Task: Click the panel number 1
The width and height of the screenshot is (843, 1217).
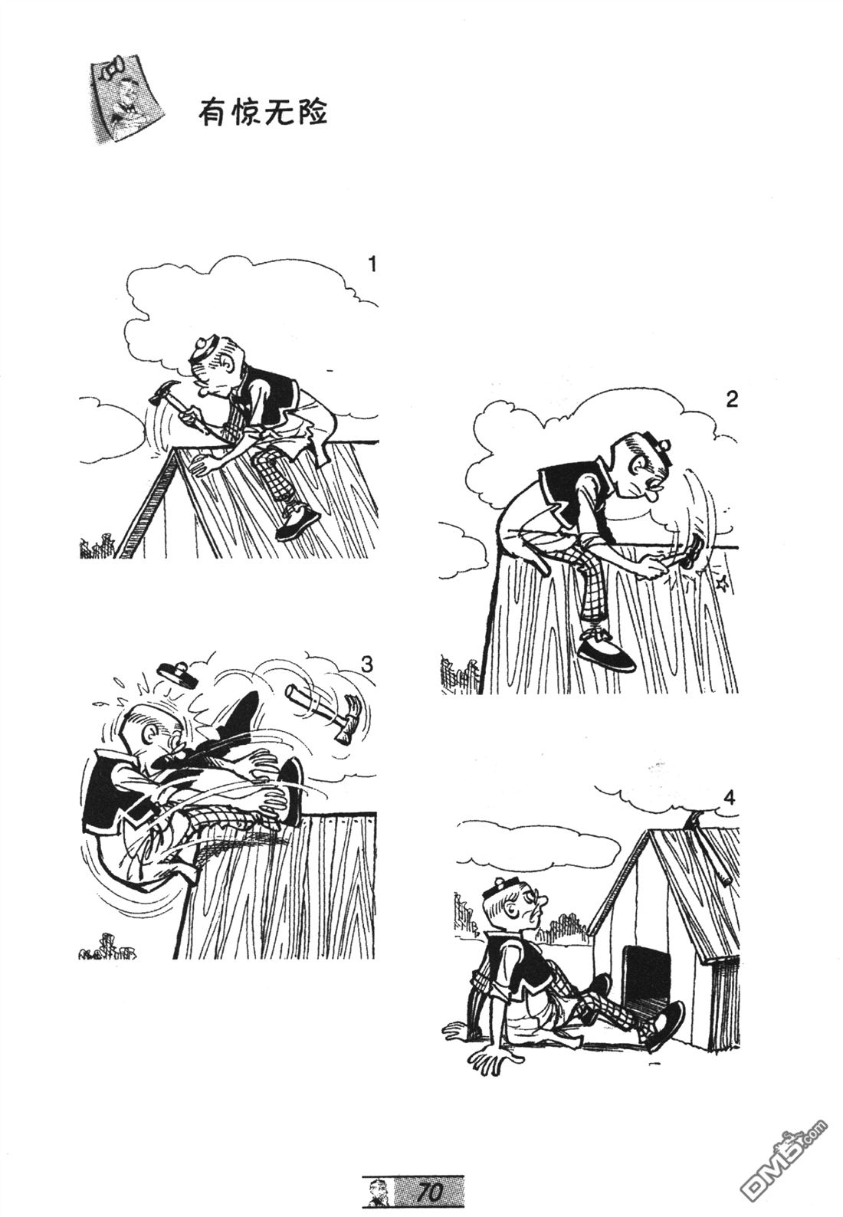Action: (372, 265)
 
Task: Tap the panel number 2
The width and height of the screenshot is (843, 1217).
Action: (732, 401)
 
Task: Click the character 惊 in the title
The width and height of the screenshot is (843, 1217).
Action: (245, 113)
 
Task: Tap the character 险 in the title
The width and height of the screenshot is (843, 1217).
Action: (311, 113)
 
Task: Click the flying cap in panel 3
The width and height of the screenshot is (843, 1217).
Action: (176, 674)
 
